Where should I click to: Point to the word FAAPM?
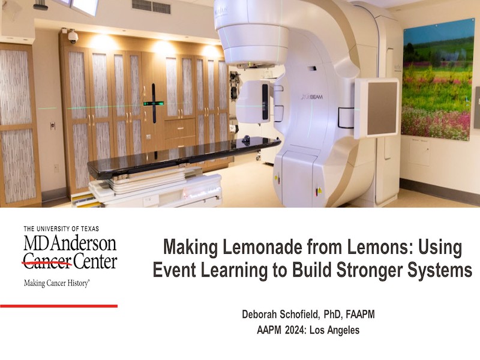(361, 314)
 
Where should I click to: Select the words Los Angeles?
(335, 331)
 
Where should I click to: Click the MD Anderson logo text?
(70, 244)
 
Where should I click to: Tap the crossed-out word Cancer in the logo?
(47, 262)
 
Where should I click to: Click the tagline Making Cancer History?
(56, 283)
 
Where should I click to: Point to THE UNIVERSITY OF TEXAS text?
(61, 229)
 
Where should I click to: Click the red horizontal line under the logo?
(59, 306)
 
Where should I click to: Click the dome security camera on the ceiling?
(73, 37)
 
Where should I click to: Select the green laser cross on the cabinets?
(154, 103)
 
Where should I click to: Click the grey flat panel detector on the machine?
(382, 109)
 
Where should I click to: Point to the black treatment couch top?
(184, 158)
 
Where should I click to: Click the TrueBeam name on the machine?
(312, 97)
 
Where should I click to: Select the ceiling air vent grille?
(151, 6)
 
